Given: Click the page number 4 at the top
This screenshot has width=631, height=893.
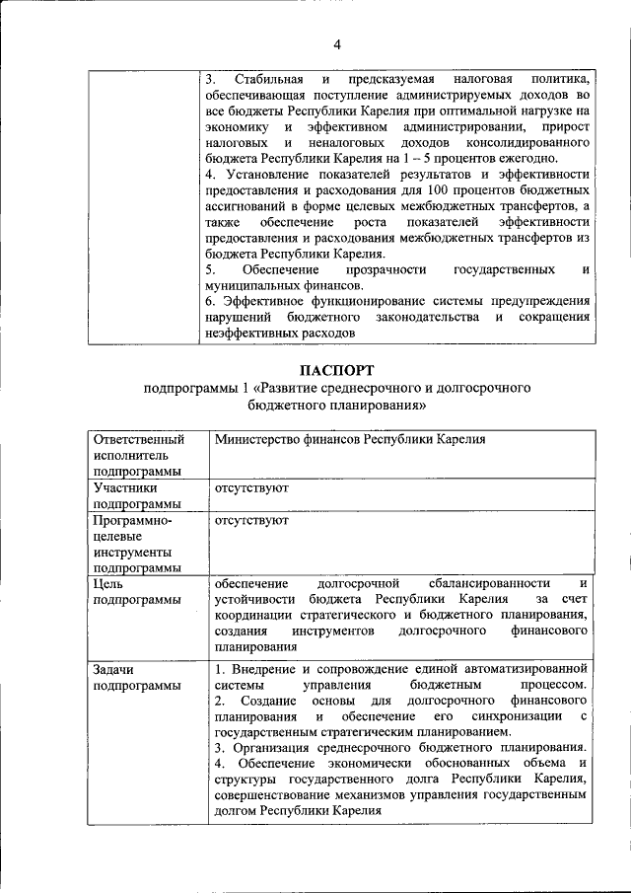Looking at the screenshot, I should point(336,44).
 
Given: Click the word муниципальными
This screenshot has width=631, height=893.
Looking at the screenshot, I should point(257,285).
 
